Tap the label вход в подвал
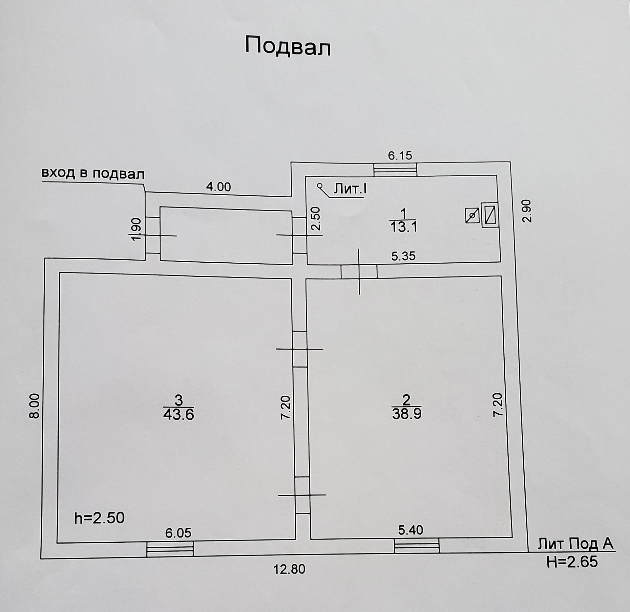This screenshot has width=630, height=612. coord(93,173)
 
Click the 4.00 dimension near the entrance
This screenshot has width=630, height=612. coord(218,187)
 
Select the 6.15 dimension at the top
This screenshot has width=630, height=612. coord(400,155)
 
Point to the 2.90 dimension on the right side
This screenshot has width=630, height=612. coord(527,211)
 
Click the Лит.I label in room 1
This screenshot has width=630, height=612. coord(350,189)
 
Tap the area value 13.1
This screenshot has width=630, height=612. coord(403,227)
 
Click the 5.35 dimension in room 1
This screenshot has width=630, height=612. coord(403,256)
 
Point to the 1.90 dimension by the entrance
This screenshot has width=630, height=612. coord(136,229)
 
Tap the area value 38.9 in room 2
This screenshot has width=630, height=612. coord(407,414)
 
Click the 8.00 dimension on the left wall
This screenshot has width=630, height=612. coord(34,406)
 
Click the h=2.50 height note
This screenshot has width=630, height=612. coord(99,518)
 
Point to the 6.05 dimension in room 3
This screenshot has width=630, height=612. coord(178,533)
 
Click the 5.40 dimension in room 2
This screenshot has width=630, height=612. coord(410,530)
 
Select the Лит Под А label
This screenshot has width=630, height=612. coord(575,544)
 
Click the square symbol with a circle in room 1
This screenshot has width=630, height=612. coord(472,216)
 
